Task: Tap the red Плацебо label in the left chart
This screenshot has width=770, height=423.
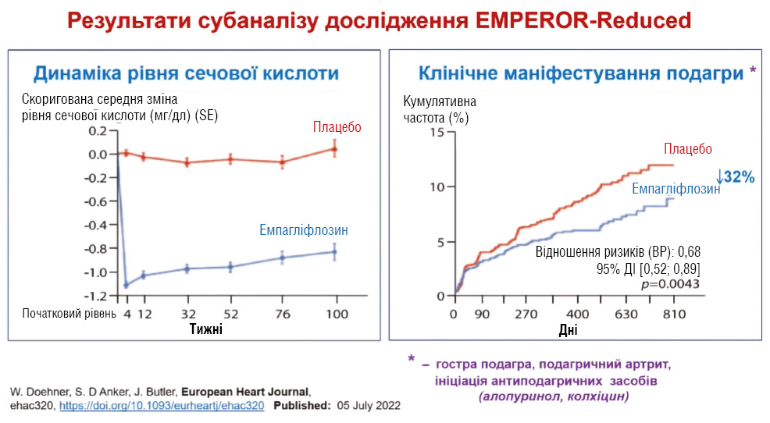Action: coord(337,126)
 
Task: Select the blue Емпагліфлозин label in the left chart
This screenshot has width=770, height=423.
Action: coord(304,230)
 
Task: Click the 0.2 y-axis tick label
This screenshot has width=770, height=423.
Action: coord(98,130)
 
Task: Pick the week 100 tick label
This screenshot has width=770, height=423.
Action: coord(336,314)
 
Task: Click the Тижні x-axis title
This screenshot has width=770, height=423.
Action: coord(206,329)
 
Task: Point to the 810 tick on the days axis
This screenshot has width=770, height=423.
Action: coord(673,314)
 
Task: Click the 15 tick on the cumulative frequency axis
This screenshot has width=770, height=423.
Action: coord(436,132)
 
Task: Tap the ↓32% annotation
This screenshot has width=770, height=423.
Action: coord(736,177)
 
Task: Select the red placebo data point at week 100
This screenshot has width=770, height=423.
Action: coord(335,148)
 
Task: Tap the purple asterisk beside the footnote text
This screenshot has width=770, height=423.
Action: coord(411,360)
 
